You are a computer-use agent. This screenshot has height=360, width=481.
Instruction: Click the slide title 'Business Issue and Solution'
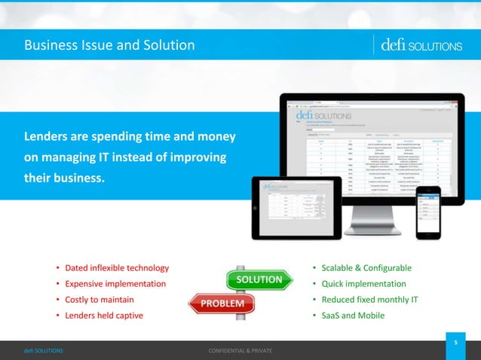[110, 46]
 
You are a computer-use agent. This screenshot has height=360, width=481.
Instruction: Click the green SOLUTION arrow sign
[259, 279]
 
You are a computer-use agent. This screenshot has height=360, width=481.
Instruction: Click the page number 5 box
[455, 343]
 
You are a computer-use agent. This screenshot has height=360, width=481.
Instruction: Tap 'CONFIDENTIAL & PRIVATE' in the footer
[240, 352]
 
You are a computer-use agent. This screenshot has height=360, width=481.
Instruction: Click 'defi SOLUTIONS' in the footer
[43, 352]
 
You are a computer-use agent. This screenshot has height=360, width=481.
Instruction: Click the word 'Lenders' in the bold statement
[47, 138]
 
